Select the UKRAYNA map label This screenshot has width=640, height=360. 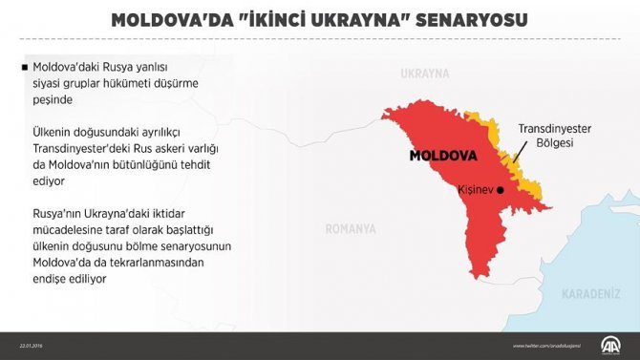tap(424, 74)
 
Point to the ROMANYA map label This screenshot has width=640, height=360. tap(351, 229)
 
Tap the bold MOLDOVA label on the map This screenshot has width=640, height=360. tap(442, 155)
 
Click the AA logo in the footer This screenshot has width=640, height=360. tap(607, 345)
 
